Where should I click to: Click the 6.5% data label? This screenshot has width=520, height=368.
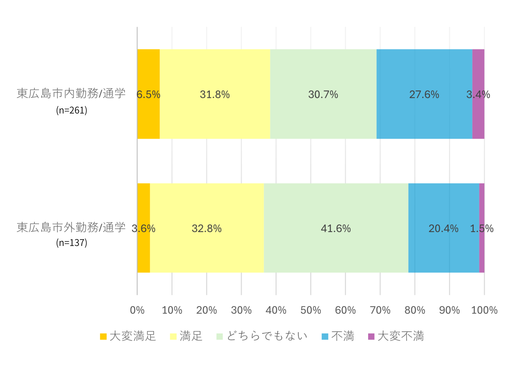click(148, 94)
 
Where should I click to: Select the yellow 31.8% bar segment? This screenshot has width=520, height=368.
click(215, 78)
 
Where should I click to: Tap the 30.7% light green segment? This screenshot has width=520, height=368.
click(323, 78)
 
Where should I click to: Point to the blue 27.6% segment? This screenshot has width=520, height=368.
click(424, 78)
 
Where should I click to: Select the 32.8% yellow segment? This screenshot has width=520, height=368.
click(207, 250)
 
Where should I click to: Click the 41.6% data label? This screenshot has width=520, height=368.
click(336, 229)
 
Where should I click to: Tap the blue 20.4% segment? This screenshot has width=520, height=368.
click(443, 250)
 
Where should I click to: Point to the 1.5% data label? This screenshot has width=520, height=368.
click(482, 229)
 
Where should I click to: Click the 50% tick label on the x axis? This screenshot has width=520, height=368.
click(311, 310)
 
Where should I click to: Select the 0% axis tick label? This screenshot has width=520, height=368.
click(137, 310)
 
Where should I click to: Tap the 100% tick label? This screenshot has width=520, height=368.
click(484, 310)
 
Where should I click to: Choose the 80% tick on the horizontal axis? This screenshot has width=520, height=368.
click(415, 310)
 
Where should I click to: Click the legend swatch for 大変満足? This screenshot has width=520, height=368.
click(103, 337)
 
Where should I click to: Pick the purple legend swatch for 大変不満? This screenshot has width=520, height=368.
click(371, 337)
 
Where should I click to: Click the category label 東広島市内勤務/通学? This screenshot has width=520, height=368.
click(71, 93)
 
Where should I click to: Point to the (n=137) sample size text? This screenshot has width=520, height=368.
click(71, 243)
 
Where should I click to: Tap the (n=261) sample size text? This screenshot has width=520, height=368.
click(71, 110)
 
